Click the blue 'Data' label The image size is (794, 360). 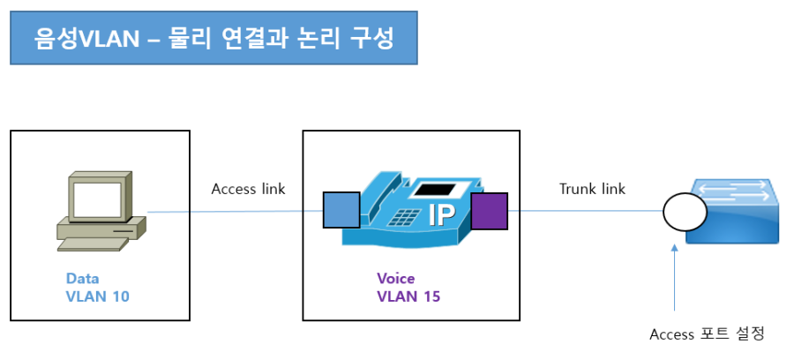tap(83, 278)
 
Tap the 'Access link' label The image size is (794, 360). tap(248, 189)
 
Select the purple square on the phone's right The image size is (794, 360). tap(490, 212)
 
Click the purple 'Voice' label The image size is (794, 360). tap(395, 278)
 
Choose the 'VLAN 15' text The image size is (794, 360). tap(408, 296)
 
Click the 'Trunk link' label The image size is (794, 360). tap(592, 189)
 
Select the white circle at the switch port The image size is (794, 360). tap(685, 212)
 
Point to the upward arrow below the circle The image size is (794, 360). tap(675, 278)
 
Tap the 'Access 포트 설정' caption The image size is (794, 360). tap(706, 334)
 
